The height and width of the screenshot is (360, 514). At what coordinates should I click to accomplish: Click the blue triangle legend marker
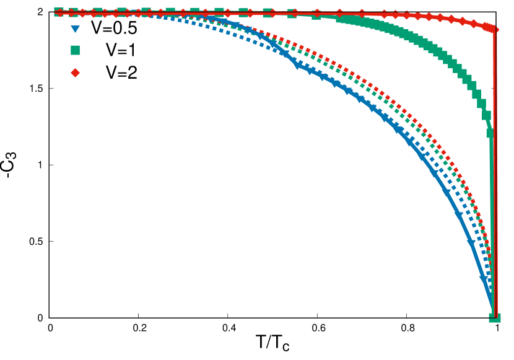75,29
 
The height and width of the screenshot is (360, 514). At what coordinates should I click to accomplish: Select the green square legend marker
75,50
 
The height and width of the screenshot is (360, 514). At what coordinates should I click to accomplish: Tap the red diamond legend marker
75,72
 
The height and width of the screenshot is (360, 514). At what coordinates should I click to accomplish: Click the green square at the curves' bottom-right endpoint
495,317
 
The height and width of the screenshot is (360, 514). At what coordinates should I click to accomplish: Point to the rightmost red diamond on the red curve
494,29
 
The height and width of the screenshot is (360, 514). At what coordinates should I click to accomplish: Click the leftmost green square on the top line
58,12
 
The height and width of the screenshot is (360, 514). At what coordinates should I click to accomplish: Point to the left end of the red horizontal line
56,12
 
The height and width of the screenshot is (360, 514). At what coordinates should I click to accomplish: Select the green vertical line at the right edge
492,217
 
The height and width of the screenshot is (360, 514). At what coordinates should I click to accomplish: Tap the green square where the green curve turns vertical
490,133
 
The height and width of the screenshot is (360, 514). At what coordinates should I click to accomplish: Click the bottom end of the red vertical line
495,316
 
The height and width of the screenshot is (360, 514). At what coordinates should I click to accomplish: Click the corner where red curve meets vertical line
494,28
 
